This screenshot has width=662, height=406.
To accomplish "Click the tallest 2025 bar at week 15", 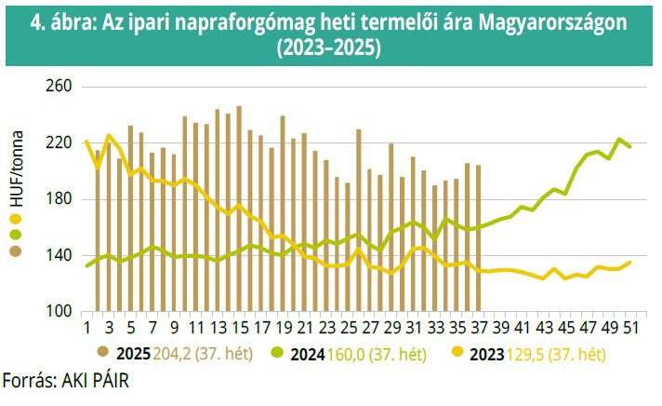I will click(x=239, y=209).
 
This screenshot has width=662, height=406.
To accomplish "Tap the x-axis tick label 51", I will click(x=630, y=327).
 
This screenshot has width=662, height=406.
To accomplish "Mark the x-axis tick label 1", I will click(x=86, y=327).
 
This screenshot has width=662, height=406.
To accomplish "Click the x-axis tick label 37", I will click(x=479, y=327).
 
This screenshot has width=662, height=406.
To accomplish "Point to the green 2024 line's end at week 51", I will click(x=630, y=146).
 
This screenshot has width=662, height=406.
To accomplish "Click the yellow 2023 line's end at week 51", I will click(x=630, y=263).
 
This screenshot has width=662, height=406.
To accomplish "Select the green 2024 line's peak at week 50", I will click(x=619, y=140).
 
